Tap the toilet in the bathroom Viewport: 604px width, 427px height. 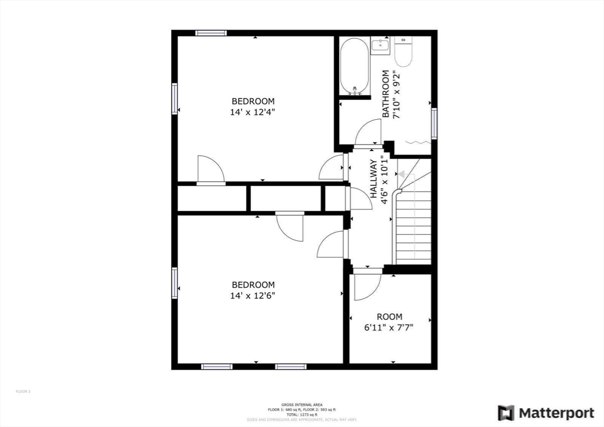(x=403, y=52)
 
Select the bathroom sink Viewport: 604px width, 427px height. (x=379, y=45)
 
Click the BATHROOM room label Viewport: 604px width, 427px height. (x=386, y=94)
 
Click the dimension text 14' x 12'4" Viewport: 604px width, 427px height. (x=253, y=111)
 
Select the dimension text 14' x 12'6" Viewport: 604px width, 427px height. (x=253, y=295)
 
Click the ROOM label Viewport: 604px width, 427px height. (x=389, y=317)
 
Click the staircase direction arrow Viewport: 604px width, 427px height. (x=402, y=175)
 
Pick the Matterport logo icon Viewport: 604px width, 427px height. (x=506, y=413)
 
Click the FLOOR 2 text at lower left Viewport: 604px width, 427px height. (x=23, y=391)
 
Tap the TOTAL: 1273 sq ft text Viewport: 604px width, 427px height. (x=301, y=415)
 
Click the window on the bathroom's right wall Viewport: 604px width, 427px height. (x=434, y=123)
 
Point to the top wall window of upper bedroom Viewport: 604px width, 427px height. (x=211, y=33)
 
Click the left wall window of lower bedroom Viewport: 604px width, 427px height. (x=175, y=283)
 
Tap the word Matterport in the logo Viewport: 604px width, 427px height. (x=548, y=413)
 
